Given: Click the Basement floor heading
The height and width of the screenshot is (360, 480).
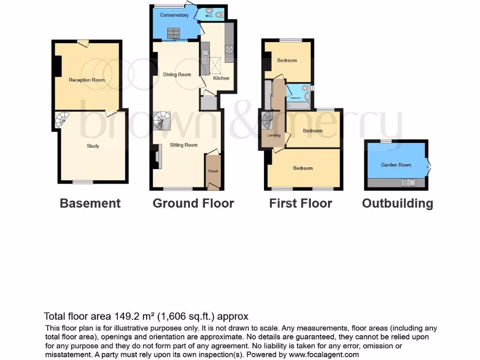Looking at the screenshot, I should [90, 203].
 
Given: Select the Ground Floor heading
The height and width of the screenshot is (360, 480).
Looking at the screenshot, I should [193, 203].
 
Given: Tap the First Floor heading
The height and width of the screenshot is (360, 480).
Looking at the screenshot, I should [300, 203].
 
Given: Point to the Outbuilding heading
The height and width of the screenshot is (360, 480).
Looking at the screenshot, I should [397, 203].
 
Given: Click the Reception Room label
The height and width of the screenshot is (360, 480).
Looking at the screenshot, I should [87, 80].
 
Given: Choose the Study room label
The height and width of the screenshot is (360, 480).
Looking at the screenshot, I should [93, 146].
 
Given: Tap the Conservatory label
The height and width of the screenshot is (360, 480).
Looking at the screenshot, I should [174, 15].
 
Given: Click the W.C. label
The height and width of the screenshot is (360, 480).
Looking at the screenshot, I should [209, 15].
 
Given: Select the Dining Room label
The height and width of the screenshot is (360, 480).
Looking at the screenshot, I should [177, 75].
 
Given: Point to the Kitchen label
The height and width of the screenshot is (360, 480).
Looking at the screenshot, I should [221, 78].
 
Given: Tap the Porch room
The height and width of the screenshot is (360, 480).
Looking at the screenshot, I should [213, 171].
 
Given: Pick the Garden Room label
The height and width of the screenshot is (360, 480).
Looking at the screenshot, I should [396, 165].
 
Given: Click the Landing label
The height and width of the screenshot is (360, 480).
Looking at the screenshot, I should [274, 135].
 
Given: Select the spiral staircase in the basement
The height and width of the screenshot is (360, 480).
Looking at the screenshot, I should [62, 120].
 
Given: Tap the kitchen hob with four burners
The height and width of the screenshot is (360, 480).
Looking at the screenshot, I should [230, 50].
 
